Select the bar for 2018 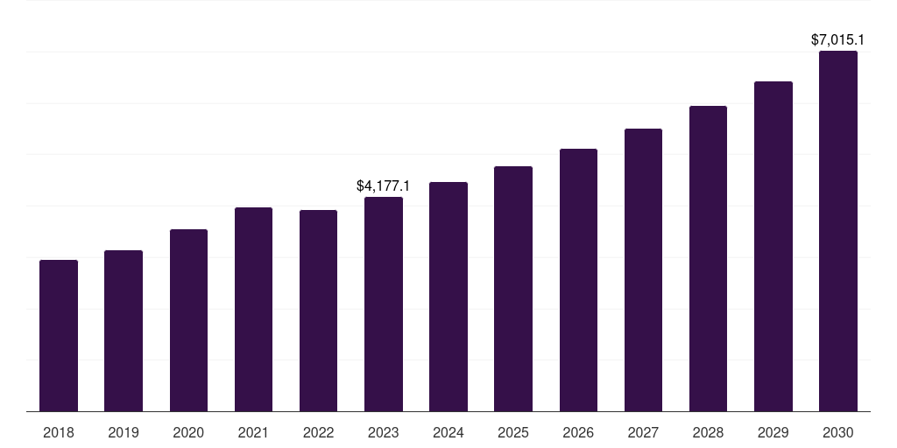click(x=59, y=336)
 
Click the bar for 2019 click(x=124, y=331)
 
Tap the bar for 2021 click(x=253, y=310)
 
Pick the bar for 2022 click(x=318, y=311)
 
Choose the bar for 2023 click(x=384, y=304)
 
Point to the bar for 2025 click(x=513, y=289)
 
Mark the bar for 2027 click(x=643, y=270)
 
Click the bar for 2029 click(x=773, y=247)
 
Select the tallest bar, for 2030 click(x=838, y=231)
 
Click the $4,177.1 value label click(x=384, y=185)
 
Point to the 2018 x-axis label click(x=59, y=432)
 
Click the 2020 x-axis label click(x=188, y=432)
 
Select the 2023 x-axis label click(x=384, y=432)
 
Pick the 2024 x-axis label click(x=448, y=432)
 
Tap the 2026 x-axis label click(x=578, y=432)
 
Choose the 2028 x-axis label click(x=708, y=432)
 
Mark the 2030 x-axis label click(x=838, y=432)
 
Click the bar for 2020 click(x=188, y=320)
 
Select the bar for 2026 click(x=578, y=280)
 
